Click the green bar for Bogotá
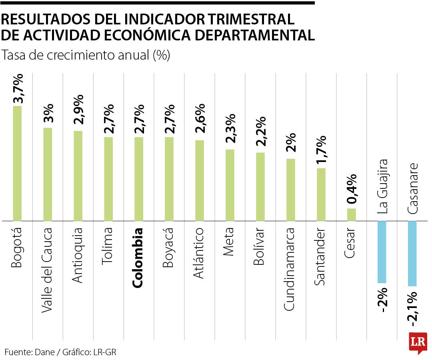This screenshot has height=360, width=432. click(17, 163)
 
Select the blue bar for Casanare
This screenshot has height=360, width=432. click(412, 254)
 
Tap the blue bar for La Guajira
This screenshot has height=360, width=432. click(382, 252)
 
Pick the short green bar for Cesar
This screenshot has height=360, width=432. click(351, 214)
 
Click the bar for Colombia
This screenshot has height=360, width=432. click(139, 179)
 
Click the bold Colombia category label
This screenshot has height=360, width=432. click(138, 258)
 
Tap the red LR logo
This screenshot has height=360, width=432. click(418, 342)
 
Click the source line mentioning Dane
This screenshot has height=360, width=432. click(60, 352)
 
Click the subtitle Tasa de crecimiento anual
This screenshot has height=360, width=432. click(86, 55)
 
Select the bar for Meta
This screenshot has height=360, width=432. click(230, 185)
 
